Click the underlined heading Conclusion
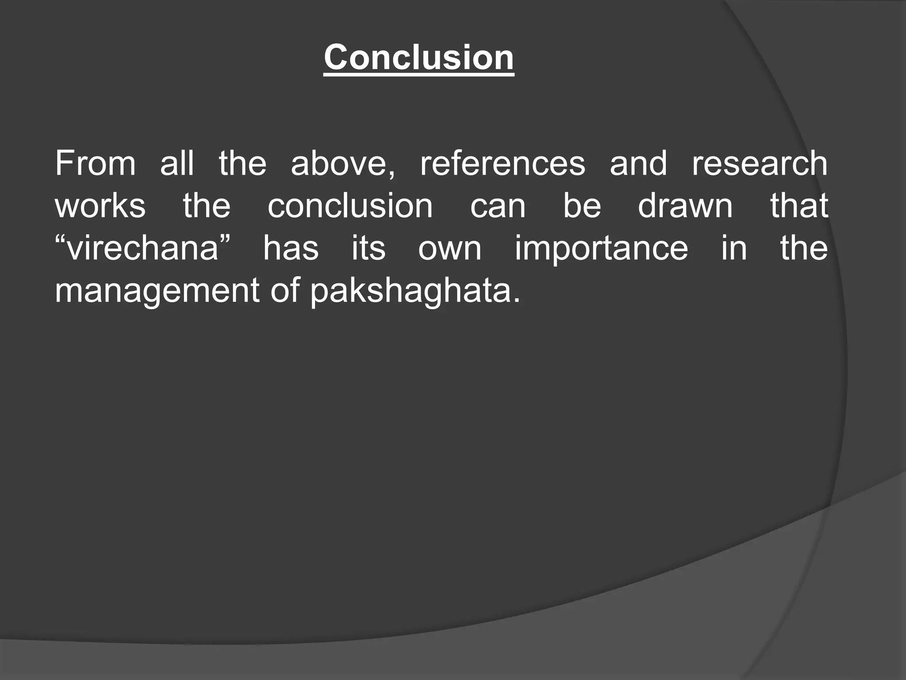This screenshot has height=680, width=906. point(418,58)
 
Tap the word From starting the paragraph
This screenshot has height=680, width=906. point(95,163)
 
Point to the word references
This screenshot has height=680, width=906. point(503,163)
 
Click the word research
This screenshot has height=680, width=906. point(759,163)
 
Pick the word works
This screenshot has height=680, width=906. point(100,206)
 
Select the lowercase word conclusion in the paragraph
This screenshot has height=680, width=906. point(350,206)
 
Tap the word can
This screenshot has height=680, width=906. point(498,206)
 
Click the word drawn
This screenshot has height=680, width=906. point(685,206)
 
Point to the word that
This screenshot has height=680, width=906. point(799,206)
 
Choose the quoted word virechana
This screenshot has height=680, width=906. point(143,248)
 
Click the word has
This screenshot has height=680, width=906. point(291,248)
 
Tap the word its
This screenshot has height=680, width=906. point(369,248)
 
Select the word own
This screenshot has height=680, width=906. point(449,248)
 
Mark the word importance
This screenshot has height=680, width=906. point(601,249)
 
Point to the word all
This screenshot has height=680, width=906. point(177,163)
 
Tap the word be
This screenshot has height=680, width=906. point(582,206)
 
